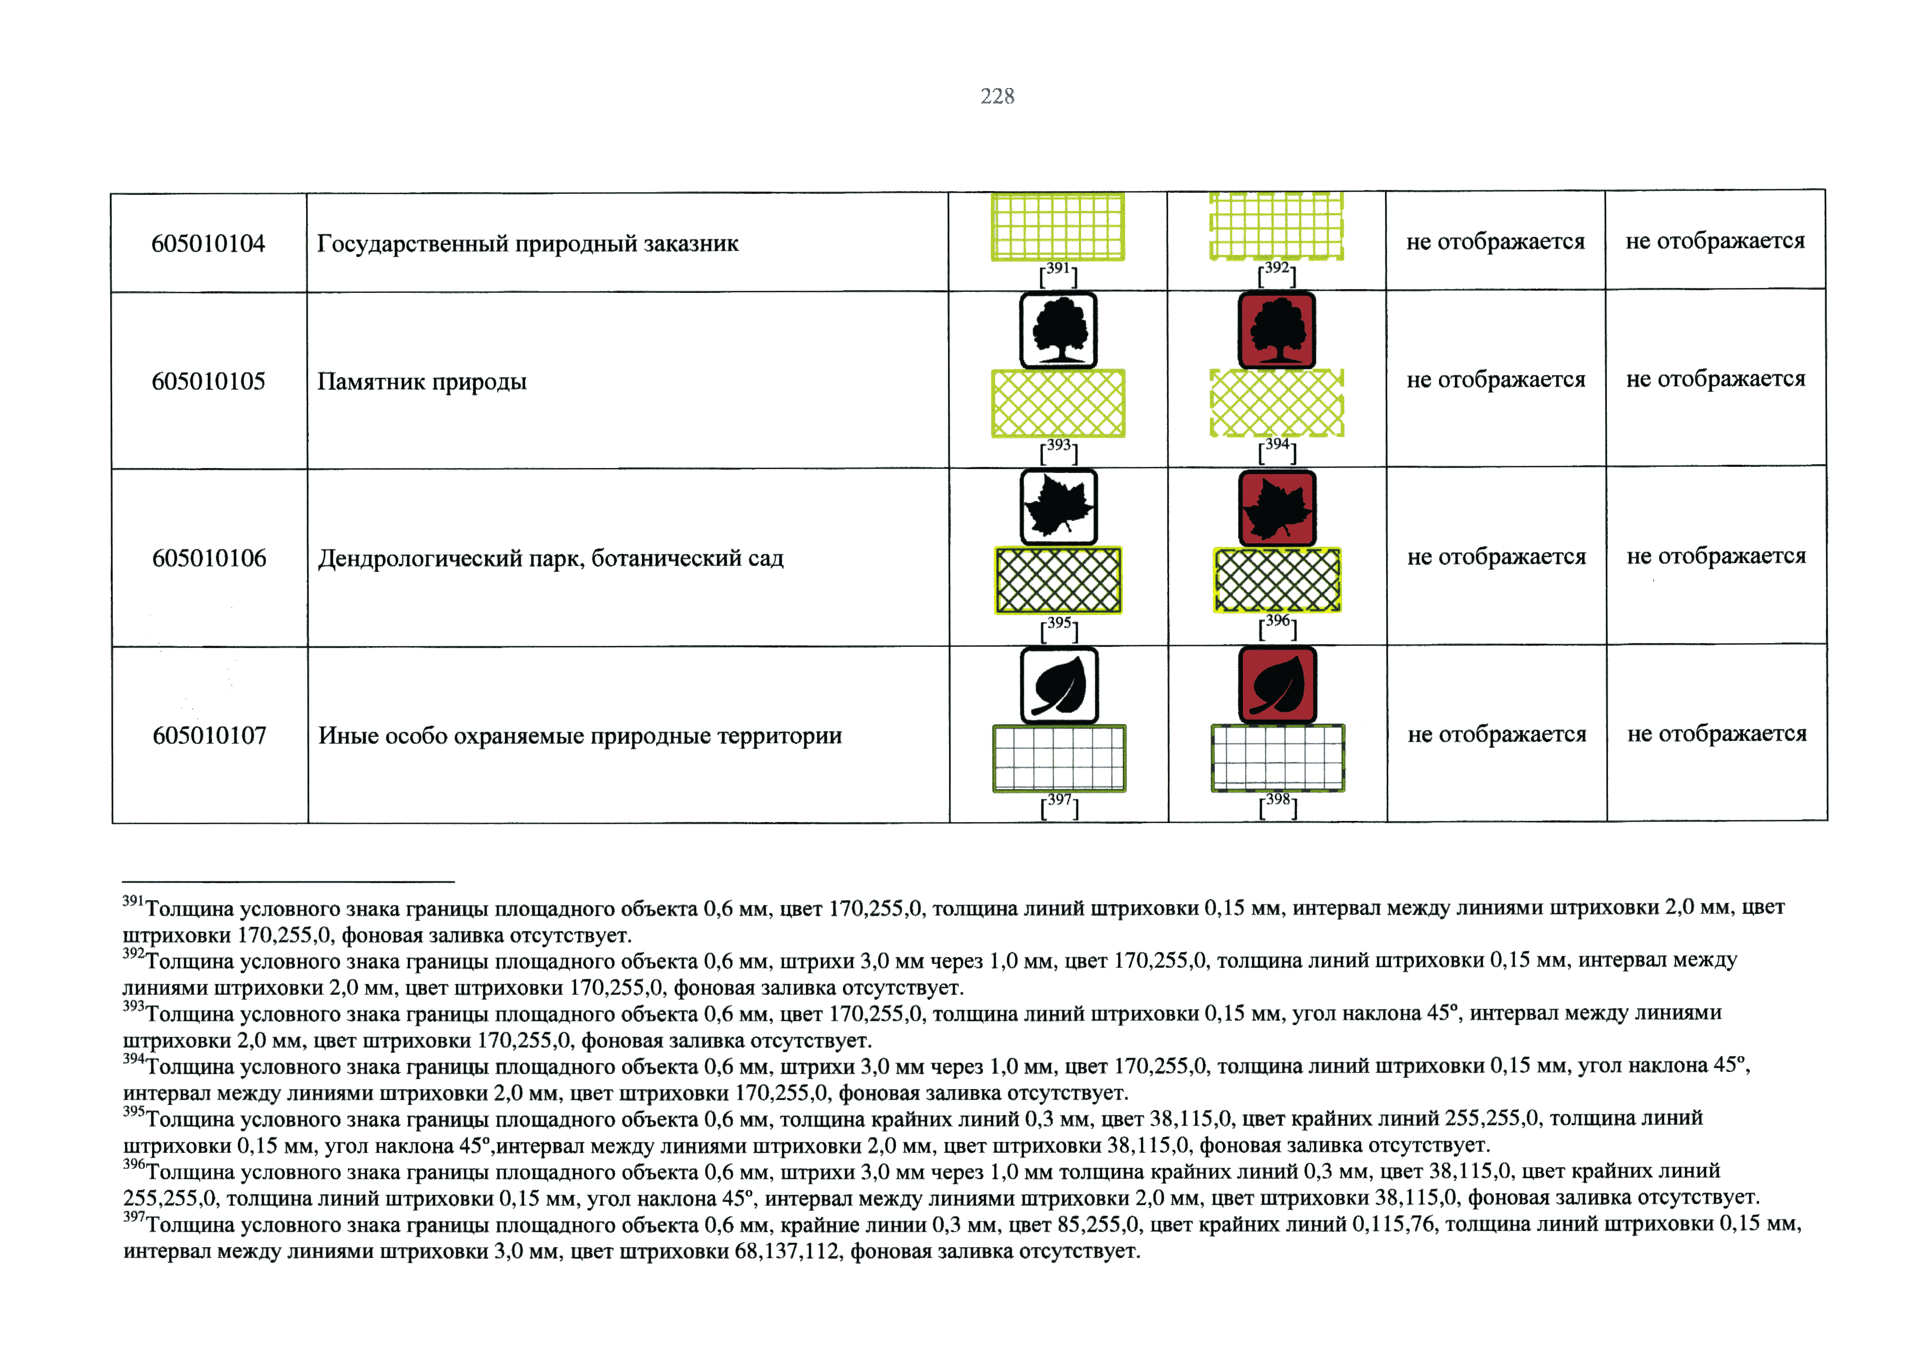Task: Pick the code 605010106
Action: coord(209,558)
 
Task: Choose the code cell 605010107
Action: coord(209,736)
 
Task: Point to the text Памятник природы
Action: coord(421,382)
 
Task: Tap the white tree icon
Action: coord(1058,330)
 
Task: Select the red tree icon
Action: coord(1277,330)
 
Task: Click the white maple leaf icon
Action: coord(1058,507)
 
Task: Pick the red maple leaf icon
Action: coord(1277,507)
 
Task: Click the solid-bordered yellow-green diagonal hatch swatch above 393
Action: coord(1058,404)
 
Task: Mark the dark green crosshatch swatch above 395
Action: coord(1058,580)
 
